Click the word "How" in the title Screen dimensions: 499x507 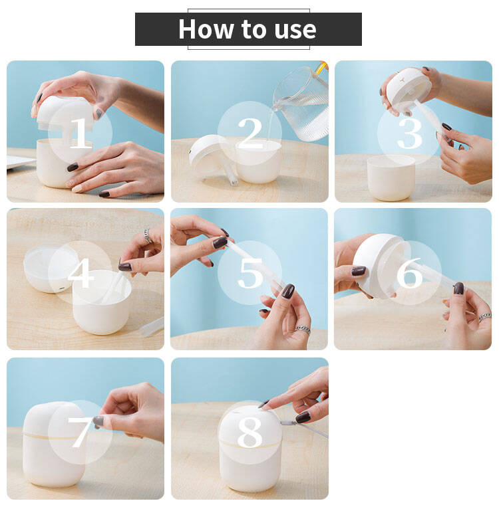tap(206, 29)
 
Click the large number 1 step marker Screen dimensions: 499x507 tap(80, 133)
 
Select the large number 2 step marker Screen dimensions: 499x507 tap(249, 133)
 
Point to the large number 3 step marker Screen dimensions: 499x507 tap(410, 133)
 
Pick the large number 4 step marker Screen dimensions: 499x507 tap(81, 272)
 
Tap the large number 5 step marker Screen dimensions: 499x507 tap(250, 273)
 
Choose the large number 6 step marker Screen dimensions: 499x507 tap(410, 272)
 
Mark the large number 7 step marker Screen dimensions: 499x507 tap(80, 432)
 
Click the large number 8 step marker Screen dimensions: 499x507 tap(249, 432)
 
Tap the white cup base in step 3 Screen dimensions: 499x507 tap(391, 178)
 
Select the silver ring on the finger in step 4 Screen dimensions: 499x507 tap(148, 236)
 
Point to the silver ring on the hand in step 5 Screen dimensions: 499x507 tap(303, 330)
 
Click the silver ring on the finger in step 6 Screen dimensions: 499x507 tap(485, 316)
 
